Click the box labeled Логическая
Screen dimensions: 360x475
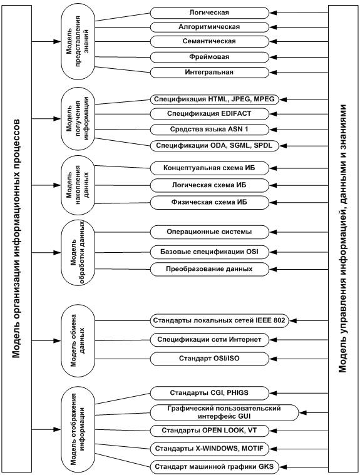tap(210, 13)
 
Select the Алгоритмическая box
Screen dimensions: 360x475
tap(210, 27)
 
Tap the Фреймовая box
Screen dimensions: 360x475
tap(210, 57)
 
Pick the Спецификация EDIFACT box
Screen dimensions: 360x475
tap(210, 114)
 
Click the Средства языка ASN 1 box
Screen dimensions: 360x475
tap(210, 130)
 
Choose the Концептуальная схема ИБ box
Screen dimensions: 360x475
tap(210, 168)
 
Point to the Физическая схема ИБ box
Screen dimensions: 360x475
tap(210, 202)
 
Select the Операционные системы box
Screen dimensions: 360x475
tap(210, 232)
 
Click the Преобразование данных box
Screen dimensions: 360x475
tap(210, 269)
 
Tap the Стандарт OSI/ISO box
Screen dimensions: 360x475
tap(210, 359)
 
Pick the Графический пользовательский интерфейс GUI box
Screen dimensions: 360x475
tap(225, 412)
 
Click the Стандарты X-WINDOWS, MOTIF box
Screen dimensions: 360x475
tap(210, 448)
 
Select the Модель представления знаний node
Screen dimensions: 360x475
tap(78, 41)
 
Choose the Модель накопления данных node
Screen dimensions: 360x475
tap(78, 185)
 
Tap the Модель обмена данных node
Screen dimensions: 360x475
tap(78, 341)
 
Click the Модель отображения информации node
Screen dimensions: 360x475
tap(78, 429)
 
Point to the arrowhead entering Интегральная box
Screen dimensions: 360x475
tap(273, 73)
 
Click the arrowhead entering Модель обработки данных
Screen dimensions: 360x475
tap(58, 252)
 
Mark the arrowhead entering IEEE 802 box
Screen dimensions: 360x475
tap(292, 320)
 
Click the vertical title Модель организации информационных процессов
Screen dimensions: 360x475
tap(17, 238)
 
